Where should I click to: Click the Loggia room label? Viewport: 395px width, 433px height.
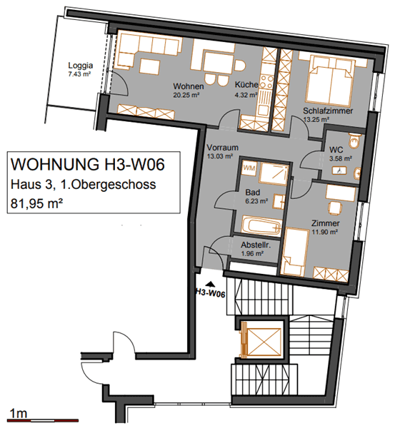81,66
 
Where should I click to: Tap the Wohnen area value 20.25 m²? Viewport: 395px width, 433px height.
186,96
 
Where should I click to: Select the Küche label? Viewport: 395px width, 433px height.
246,85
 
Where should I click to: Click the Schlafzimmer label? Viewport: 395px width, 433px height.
328,111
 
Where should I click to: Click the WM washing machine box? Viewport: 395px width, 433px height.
249,168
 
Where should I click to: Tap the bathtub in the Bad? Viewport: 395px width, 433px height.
261,226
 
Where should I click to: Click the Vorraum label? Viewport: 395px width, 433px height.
223,148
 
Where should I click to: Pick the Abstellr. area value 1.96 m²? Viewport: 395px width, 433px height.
252,253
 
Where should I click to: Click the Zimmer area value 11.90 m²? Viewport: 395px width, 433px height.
325,232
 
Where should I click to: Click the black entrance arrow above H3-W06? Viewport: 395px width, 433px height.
211,284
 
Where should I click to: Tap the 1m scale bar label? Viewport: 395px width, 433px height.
19,414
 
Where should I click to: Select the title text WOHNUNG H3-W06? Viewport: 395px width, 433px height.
87,164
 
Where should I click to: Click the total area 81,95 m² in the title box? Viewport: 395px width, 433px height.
36,203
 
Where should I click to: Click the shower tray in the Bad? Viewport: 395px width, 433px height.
274,173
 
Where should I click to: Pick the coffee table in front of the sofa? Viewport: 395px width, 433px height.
149,67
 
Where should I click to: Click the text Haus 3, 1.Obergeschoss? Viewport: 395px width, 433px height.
83,184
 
